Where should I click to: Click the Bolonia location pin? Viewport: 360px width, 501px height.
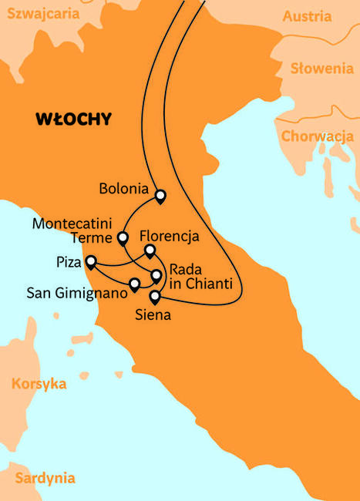click(160, 196)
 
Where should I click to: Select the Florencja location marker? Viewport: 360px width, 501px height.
click(150, 250)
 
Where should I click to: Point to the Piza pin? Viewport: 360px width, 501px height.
click(90, 261)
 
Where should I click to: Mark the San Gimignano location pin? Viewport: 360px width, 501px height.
click(135, 284)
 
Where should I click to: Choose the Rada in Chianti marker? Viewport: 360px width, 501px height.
click(156, 274)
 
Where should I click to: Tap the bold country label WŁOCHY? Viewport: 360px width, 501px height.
click(73, 119)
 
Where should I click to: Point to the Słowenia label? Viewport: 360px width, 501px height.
click(321, 69)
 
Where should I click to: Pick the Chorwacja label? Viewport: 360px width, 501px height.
click(318, 136)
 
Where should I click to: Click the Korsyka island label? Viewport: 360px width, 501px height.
click(39, 383)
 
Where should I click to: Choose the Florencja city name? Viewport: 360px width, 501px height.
click(170, 235)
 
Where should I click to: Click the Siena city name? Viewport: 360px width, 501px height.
click(153, 314)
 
